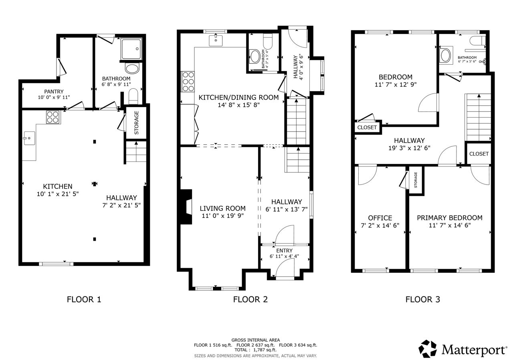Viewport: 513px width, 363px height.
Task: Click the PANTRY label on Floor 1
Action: pyautogui.click(x=54, y=91)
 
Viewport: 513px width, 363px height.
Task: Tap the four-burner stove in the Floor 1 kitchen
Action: pyautogui.click(x=53, y=117)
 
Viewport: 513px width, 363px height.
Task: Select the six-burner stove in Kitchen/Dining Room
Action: pyautogui.click(x=188, y=81)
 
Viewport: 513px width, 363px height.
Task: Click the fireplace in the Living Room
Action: pyautogui.click(x=186, y=207)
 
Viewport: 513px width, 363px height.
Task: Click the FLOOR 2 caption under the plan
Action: pyautogui.click(x=250, y=299)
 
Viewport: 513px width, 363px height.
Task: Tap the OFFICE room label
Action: pyautogui.click(x=380, y=218)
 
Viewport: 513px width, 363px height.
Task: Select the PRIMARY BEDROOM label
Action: pyautogui.click(x=450, y=218)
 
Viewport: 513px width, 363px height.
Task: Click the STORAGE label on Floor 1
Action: pyautogui.click(x=137, y=123)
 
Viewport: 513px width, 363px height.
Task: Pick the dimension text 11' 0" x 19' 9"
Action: pyautogui.click(x=222, y=216)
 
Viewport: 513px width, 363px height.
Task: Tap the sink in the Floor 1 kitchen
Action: pyautogui.click(x=29, y=138)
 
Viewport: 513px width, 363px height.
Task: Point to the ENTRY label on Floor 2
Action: pyautogui.click(x=284, y=250)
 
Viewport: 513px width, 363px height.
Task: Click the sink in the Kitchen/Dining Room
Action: pyautogui.click(x=216, y=40)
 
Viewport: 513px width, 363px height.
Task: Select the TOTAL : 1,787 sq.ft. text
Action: pyautogui.click(x=255, y=350)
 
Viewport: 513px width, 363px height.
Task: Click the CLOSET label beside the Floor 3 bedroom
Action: pyautogui.click(x=367, y=128)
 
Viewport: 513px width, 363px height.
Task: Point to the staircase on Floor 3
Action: pyautogui.click(x=478, y=117)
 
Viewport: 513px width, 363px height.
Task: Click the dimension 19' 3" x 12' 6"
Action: pyautogui.click(x=409, y=148)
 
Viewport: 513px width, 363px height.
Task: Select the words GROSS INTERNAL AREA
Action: pyautogui.click(x=256, y=340)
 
